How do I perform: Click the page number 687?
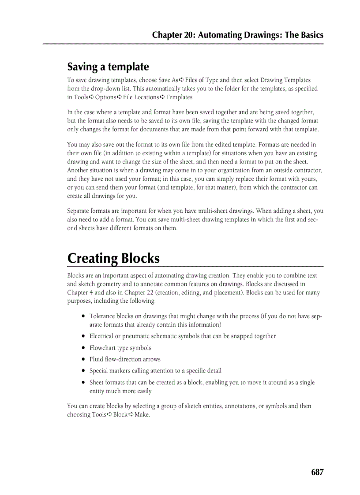point(317,472)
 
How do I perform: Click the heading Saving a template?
point(108,67)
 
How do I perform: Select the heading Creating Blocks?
point(113,258)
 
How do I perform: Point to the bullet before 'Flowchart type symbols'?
point(83,348)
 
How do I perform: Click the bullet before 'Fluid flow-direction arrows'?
point(83,360)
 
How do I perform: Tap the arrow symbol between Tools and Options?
point(92,97)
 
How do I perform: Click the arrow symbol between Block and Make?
point(131,415)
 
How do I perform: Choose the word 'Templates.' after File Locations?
point(180,97)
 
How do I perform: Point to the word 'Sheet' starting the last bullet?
point(97,383)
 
